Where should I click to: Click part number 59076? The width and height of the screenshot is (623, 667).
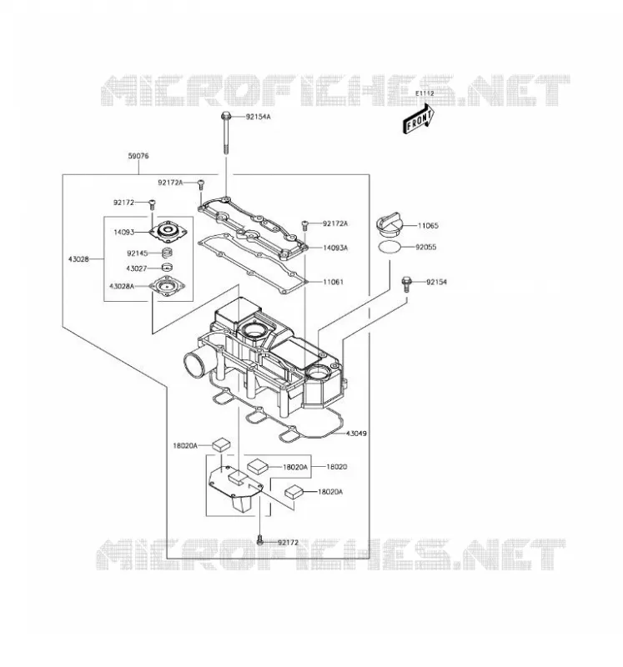click(x=138, y=156)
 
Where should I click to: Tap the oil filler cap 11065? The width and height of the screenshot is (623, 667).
click(x=389, y=226)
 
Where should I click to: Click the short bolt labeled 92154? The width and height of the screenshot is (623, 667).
click(x=407, y=284)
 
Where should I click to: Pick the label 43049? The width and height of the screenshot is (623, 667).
click(x=356, y=434)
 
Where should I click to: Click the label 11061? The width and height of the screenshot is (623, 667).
click(x=334, y=282)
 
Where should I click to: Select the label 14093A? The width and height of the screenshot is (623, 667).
click(x=335, y=248)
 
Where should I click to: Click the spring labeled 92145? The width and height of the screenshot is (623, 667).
click(x=168, y=253)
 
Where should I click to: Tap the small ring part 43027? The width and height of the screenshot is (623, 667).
click(x=168, y=268)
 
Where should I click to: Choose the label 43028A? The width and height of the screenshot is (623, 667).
click(x=122, y=286)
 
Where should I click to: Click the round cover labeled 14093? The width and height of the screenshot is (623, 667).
click(x=168, y=232)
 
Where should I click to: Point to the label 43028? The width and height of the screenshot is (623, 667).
click(x=78, y=259)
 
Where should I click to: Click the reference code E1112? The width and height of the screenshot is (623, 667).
click(x=425, y=93)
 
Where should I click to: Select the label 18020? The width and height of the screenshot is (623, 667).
click(x=337, y=467)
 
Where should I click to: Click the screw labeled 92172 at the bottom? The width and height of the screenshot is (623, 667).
click(x=260, y=541)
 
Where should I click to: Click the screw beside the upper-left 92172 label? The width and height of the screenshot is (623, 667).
click(x=152, y=204)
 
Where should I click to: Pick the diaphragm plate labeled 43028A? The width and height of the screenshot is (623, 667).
click(x=167, y=286)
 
